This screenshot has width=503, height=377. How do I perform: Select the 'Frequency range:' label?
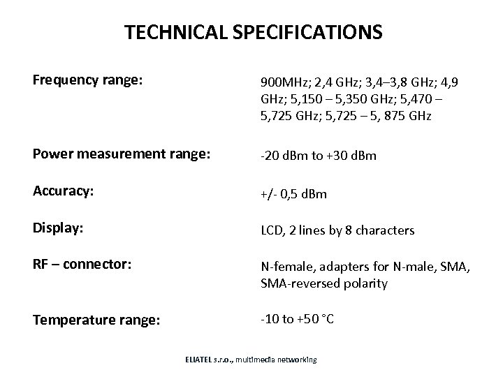click(x=88, y=80)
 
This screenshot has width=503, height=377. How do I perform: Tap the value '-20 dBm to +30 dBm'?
click(x=318, y=156)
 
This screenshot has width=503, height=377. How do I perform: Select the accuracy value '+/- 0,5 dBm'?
click(x=293, y=193)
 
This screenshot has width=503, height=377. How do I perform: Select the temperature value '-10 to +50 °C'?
click(x=297, y=319)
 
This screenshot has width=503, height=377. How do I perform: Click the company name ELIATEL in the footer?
click(x=202, y=360)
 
